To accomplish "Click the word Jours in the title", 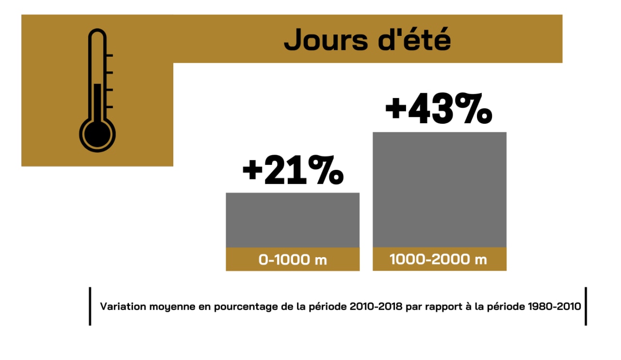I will click(320, 40).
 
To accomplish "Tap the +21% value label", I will click(293, 171).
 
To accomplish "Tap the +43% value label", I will click(439, 110).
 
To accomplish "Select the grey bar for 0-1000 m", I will click(293, 220).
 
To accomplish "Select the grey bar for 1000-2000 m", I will click(439, 190).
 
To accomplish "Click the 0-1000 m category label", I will click(293, 260).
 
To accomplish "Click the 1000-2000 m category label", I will click(439, 260).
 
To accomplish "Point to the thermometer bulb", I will click(98, 133).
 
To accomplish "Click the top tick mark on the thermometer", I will click(109, 56).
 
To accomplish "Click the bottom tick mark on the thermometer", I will click(109, 107).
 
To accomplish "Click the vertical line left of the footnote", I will click(90, 306).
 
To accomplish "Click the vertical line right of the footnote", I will click(586, 306).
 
